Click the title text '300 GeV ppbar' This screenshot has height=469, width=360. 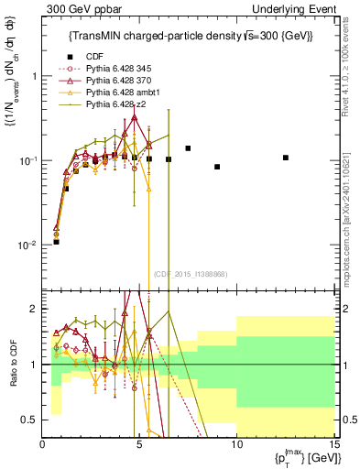[x=75, y=8]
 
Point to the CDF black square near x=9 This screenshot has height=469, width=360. [x=217, y=167]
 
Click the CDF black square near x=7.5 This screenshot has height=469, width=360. [x=188, y=148]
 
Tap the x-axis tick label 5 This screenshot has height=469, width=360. [x=139, y=444]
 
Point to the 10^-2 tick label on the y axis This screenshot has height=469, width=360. [x=27, y=245]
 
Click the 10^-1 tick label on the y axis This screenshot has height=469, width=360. [x=27, y=160]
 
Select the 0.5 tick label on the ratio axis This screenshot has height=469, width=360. [x=30, y=420]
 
